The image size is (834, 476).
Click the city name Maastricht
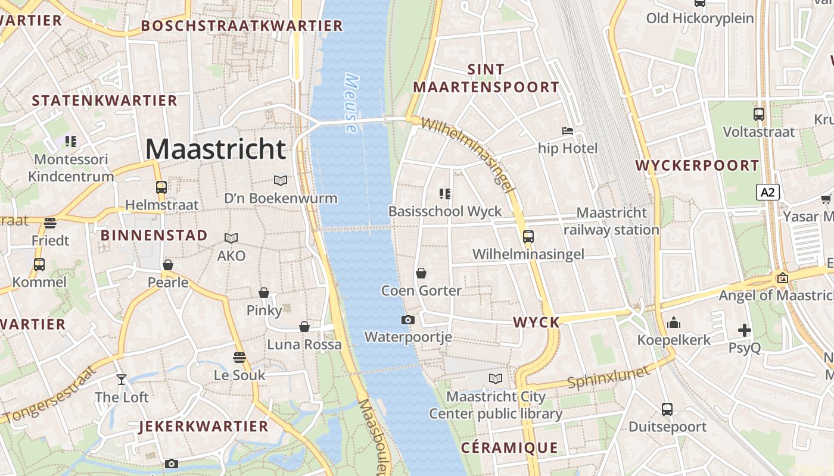pyautogui.click(x=216, y=149)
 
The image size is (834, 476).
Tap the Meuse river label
pyautogui.click(x=351, y=103)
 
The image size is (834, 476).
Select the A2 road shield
pyautogui.click(x=768, y=192)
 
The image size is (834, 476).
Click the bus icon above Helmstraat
pyautogui.click(x=161, y=187)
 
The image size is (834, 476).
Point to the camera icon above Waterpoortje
pyautogui.click(x=408, y=320)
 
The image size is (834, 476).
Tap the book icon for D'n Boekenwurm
pyautogui.click(x=280, y=180)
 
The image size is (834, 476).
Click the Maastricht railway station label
pyautogui.click(x=612, y=221)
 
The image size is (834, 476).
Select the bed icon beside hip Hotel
pyautogui.click(x=568, y=130)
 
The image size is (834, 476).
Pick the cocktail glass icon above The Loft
pyautogui.click(x=122, y=379)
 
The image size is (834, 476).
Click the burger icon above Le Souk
pyautogui.click(x=239, y=358)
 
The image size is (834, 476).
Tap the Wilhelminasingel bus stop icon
pyautogui.click(x=528, y=236)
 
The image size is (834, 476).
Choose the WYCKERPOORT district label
pyautogui.click(x=698, y=165)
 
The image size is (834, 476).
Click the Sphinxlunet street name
pyautogui.click(x=608, y=377)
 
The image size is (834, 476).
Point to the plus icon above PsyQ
pyautogui.click(x=745, y=330)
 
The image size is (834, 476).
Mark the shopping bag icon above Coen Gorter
pyautogui.click(x=421, y=273)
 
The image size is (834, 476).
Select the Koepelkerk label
pyautogui.click(x=674, y=340)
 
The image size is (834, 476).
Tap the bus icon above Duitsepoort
pyautogui.click(x=667, y=409)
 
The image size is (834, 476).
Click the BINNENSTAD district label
pyautogui.click(x=154, y=235)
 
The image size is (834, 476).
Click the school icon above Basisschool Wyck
pyautogui.click(x=444, y=193)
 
